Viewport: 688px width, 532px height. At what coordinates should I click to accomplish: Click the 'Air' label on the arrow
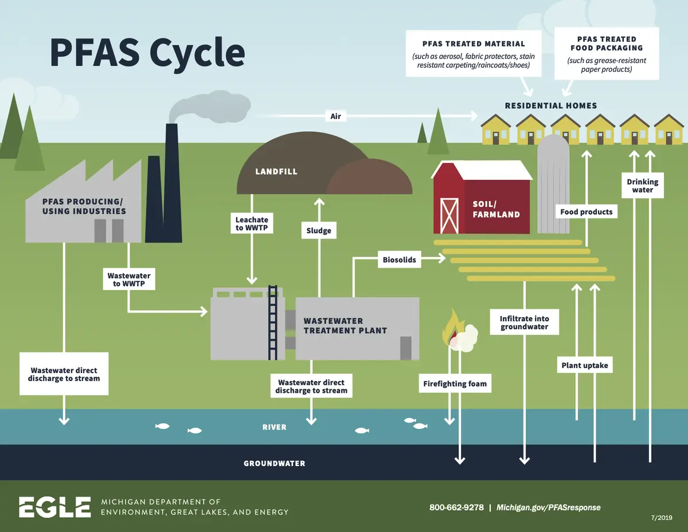coord(335,116)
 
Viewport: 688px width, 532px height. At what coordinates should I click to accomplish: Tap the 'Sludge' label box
coord(319,230)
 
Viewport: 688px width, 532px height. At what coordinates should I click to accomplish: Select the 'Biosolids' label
coord(399,260)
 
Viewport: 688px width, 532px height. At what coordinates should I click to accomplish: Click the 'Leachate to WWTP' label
coord(252,224)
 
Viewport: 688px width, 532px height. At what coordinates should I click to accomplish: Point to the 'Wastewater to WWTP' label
coord(129,279)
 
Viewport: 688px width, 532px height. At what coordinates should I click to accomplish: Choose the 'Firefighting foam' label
coord(455,384)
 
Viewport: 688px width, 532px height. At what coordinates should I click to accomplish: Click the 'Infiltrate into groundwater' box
coord(524,322)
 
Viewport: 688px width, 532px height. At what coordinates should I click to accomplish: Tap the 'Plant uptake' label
coord(585,365)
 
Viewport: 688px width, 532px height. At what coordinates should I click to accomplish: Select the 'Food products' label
coord(587,212)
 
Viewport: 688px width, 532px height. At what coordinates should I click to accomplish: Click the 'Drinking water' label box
coord(642,186)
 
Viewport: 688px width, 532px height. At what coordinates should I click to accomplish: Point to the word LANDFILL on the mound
coord(276,171)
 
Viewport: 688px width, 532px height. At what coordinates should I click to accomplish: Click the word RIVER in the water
coord(274,427)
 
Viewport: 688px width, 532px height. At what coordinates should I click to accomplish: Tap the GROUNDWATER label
coord(274,463)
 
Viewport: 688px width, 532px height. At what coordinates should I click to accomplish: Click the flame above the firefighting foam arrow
coord(453,327)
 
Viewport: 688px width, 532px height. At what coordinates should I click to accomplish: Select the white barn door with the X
coord(449,216)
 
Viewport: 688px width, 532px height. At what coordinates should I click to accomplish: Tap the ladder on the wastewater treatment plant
coord(272,323)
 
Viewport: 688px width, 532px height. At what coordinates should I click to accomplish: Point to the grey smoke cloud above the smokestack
coord(210,107)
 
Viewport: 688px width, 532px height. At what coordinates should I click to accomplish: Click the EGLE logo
coord(55,507)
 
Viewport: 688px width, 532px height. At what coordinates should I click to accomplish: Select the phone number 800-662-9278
coord(456,507)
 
